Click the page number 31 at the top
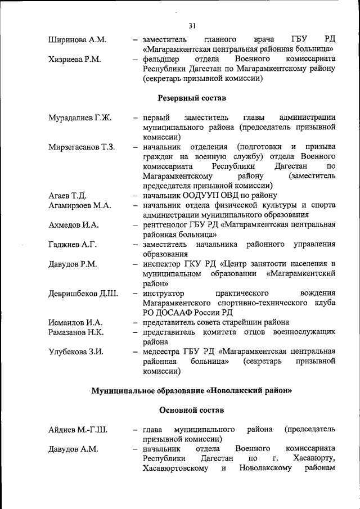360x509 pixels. (x=192, y=25)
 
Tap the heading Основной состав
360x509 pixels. (x=191, y=409)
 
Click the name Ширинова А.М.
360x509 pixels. (x=76, y=39)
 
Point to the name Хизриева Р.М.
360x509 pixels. (x=75, y=58)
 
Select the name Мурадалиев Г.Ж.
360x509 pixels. (x=80, y=118)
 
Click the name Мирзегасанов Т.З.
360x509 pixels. (x=82, y=147)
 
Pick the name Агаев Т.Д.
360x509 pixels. (x=67, y=196)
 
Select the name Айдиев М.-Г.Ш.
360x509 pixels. (x=78, y=430)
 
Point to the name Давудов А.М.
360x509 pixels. (x=73, y=449)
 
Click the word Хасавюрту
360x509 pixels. (x=314, y=459)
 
